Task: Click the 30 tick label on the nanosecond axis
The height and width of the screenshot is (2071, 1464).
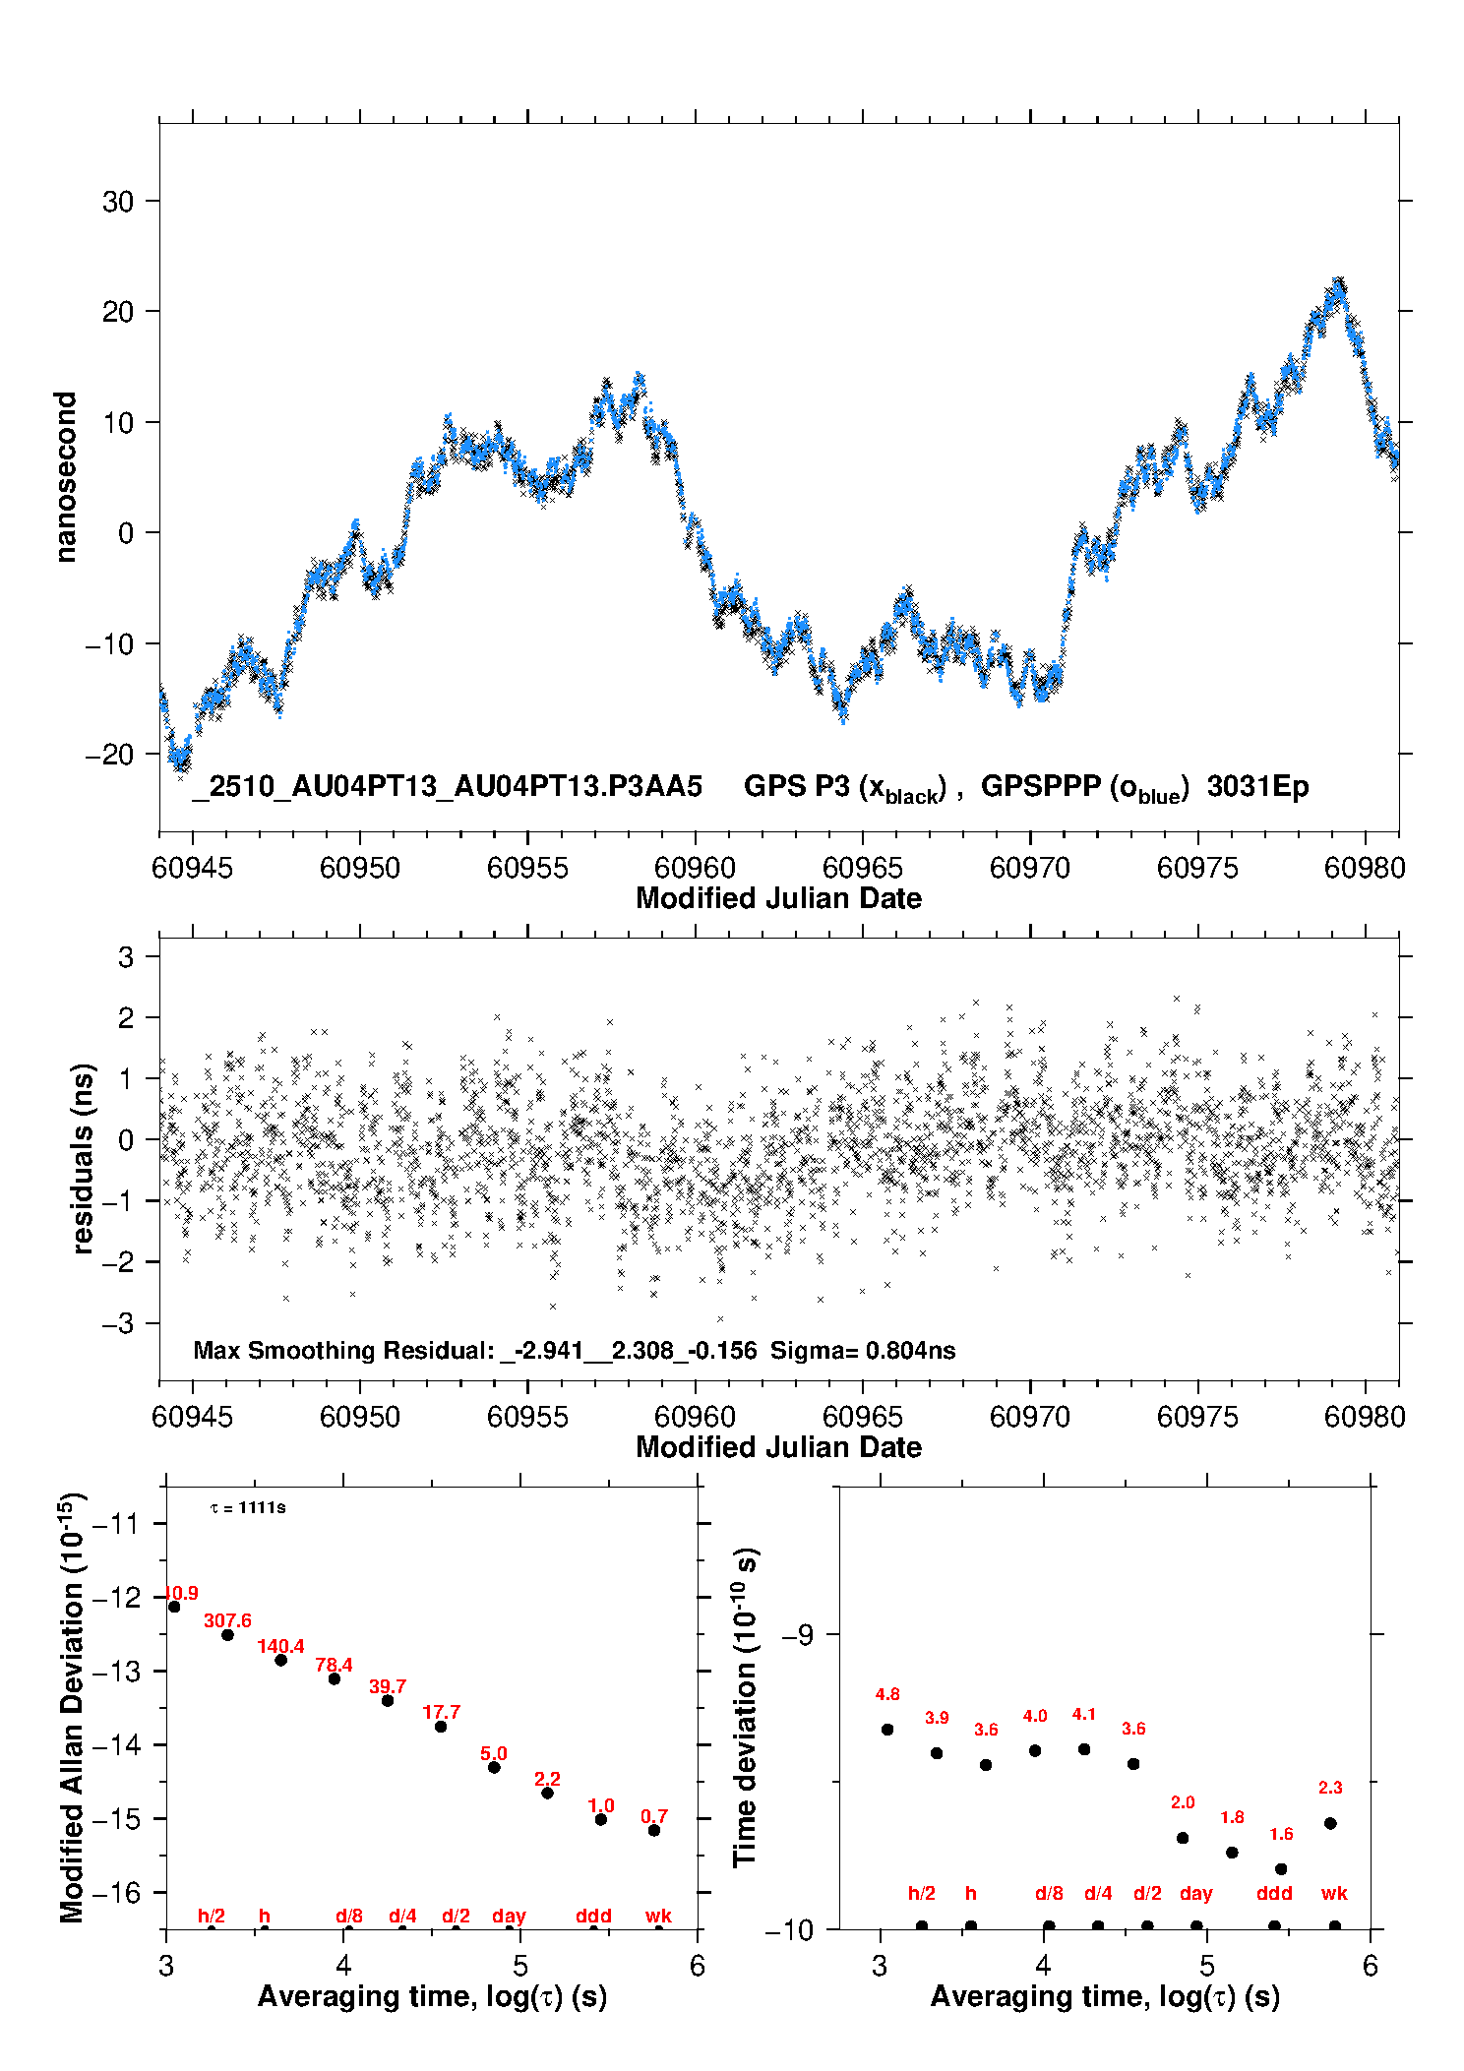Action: coord(118,202)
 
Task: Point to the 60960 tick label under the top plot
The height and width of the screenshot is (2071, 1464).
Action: coord(695,868)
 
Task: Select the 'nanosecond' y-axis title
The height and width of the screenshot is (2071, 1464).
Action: coord(65,477)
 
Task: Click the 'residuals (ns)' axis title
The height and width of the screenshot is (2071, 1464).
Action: coord(84,1158)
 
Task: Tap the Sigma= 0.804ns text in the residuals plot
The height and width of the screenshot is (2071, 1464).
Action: coord(863,1350)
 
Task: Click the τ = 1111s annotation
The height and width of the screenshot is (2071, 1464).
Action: coord(248,1507)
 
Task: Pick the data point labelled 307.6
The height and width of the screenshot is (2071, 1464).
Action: coord(227,1634)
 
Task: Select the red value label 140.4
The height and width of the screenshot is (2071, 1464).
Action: coord(280,1645)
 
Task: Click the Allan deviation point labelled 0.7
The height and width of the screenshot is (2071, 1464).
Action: coord(654,1830)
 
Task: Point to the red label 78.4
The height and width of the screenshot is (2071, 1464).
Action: coord(334,1665)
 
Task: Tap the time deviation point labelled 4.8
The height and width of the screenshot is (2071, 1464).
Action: coord(887,1729)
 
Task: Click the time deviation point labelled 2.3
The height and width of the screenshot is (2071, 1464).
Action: coord(1330,1823)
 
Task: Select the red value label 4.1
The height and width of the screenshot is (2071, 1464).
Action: coord(1083,1714)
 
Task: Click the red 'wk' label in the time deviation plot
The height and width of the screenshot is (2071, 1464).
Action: coord(1334,1893)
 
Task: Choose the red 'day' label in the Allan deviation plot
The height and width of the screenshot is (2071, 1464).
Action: coord(509,1916)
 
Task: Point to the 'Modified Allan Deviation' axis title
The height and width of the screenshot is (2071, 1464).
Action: coord(72,1707)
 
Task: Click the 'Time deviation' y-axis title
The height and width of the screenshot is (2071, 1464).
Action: coord(745,1707)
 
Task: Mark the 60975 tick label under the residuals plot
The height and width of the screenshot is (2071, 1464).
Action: coord(1197,1417)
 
